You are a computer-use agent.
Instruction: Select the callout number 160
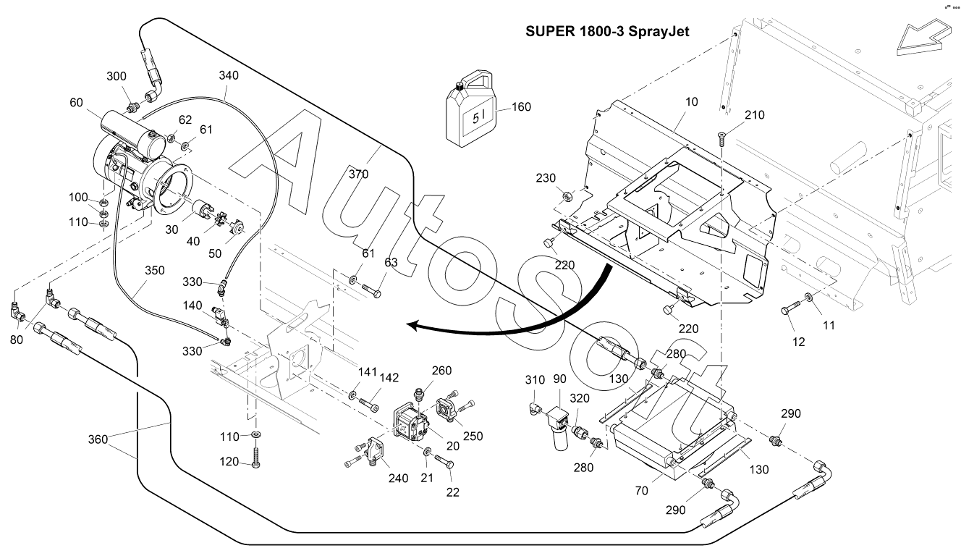click(x=520, y=107)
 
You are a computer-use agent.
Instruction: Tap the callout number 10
click(x=691, y=102)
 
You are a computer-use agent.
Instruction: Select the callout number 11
click(x=829, y=326)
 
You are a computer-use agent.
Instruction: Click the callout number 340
click(x=229, y=75)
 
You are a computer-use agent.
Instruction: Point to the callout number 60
click(x=77, y=103)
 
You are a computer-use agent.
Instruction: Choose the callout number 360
click(x=100, y=439)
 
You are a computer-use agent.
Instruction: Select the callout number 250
click(x=473, y=436)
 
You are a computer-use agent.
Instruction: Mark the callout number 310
click(x=535, y=380)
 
